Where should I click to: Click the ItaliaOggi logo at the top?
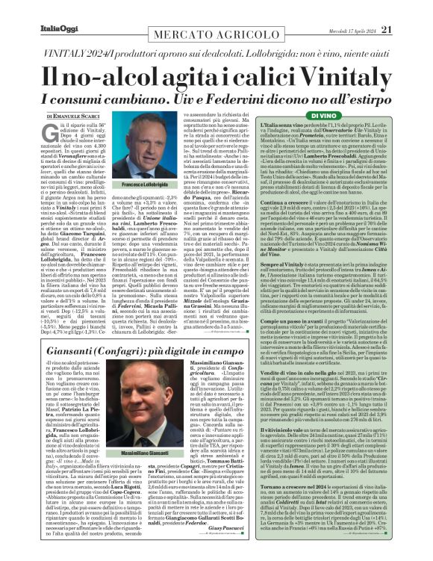(x=31, y=9)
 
